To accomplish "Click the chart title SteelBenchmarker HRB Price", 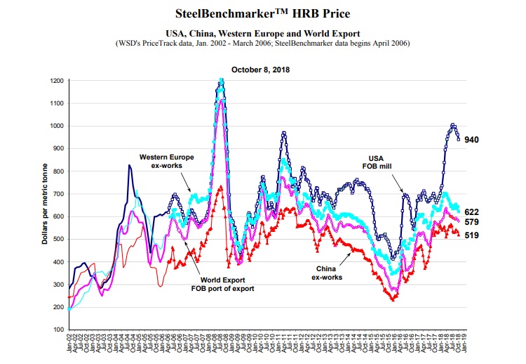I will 262,13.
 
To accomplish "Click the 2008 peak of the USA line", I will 222,82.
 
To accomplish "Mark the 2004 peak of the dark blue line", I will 129,166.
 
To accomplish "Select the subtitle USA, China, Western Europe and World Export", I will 262,33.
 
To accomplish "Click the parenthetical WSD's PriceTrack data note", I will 262,43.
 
